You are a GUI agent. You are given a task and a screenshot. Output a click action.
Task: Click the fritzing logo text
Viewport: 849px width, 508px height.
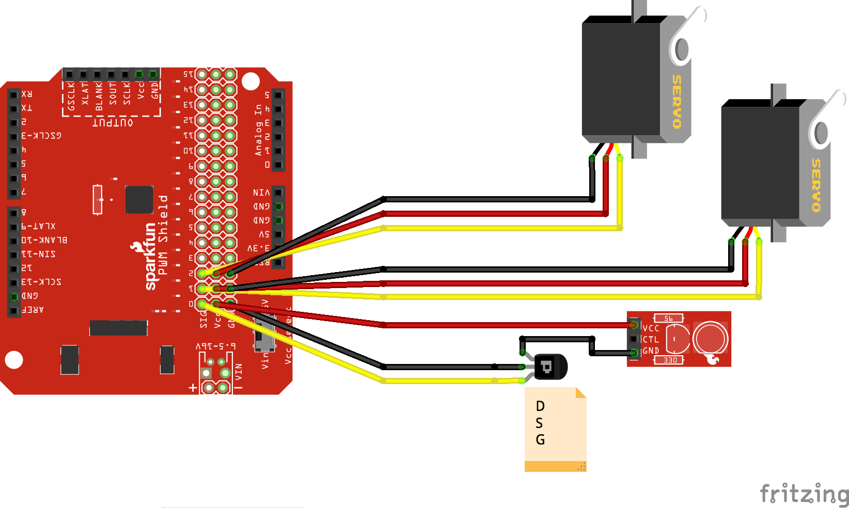click(804, 494)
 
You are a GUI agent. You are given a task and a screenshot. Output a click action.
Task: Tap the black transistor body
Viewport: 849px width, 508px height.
click(551, 367)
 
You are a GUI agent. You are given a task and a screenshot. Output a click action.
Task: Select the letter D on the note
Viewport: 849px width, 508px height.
click(540, 406)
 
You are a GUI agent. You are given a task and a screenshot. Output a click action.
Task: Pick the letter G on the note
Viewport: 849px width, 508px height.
click(540, 440)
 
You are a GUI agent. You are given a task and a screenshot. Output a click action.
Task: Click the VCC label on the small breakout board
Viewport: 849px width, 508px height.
click(651, 328)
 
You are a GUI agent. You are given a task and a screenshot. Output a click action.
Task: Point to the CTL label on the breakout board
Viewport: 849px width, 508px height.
click(651, 340)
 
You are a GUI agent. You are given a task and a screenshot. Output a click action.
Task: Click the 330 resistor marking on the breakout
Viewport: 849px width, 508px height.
click(670, 360)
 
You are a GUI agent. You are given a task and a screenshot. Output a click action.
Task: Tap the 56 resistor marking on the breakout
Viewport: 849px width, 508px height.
click(668, 319)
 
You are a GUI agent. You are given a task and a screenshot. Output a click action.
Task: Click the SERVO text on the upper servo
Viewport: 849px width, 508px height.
click(677, 102)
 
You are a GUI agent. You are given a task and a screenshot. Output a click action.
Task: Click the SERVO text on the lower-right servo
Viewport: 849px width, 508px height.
click(816, 185)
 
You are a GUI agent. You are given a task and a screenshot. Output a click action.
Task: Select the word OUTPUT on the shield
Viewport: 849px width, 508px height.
click(113, 123)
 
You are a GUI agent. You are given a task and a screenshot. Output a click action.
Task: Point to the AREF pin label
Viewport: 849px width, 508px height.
click(33, 310)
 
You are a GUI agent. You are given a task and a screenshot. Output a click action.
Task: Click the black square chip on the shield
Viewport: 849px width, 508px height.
click(139, 199)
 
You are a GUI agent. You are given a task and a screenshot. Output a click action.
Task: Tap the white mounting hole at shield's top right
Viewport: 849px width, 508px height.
click(250, 81)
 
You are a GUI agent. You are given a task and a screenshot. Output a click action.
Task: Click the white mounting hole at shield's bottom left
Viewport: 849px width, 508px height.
click(14, 359)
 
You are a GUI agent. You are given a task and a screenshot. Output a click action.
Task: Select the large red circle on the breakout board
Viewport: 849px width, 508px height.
click(711, 339)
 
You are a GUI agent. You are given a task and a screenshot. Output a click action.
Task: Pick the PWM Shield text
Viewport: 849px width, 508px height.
click(163, 235)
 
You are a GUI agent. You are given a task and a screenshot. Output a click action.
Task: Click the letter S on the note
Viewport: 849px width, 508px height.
click(539, 423)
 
